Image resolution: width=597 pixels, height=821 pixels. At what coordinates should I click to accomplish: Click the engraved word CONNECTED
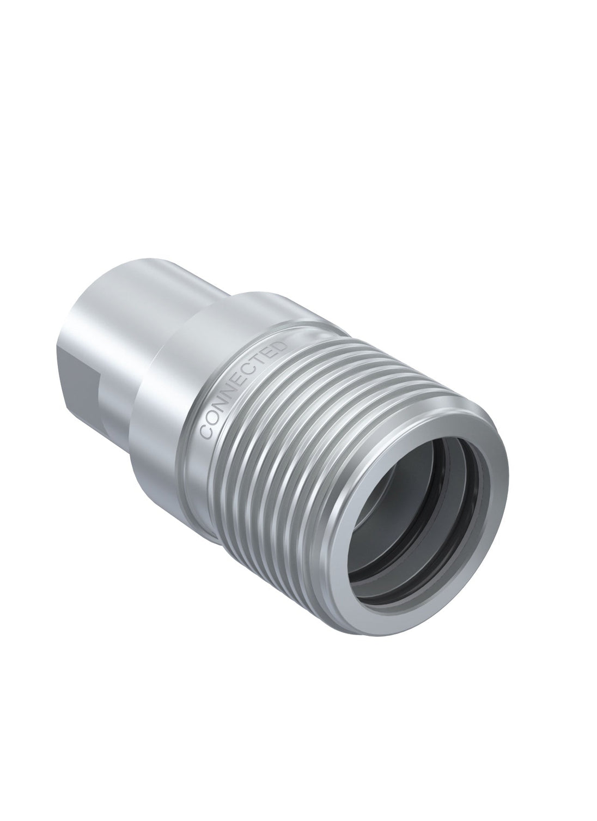(243, 390)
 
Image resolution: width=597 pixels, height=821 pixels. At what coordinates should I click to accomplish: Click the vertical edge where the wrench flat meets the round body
(100, 381)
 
